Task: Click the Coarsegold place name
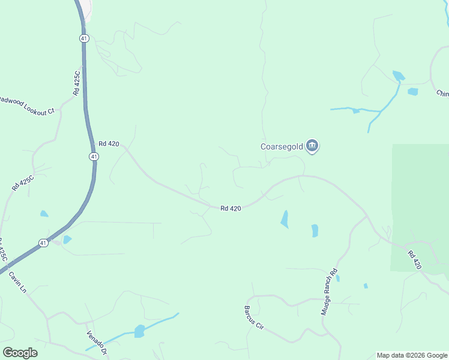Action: (282, 146)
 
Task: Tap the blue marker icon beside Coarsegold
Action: (312, 146)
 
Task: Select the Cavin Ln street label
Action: (18, 281)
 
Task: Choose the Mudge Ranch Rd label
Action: (330, 292)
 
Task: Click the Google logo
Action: (20, 353)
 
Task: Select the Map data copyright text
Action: (412, 355)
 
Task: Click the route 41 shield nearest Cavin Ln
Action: (43, 243)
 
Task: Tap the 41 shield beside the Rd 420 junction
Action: (93, 156)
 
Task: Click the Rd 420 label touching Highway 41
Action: (109, 143)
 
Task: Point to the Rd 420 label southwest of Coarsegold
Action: (231, 208)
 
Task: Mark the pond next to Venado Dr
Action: (139, 331)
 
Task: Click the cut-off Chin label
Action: (442, 93)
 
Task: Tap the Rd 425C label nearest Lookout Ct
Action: (76, 83)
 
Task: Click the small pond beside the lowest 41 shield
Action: (67, 239)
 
